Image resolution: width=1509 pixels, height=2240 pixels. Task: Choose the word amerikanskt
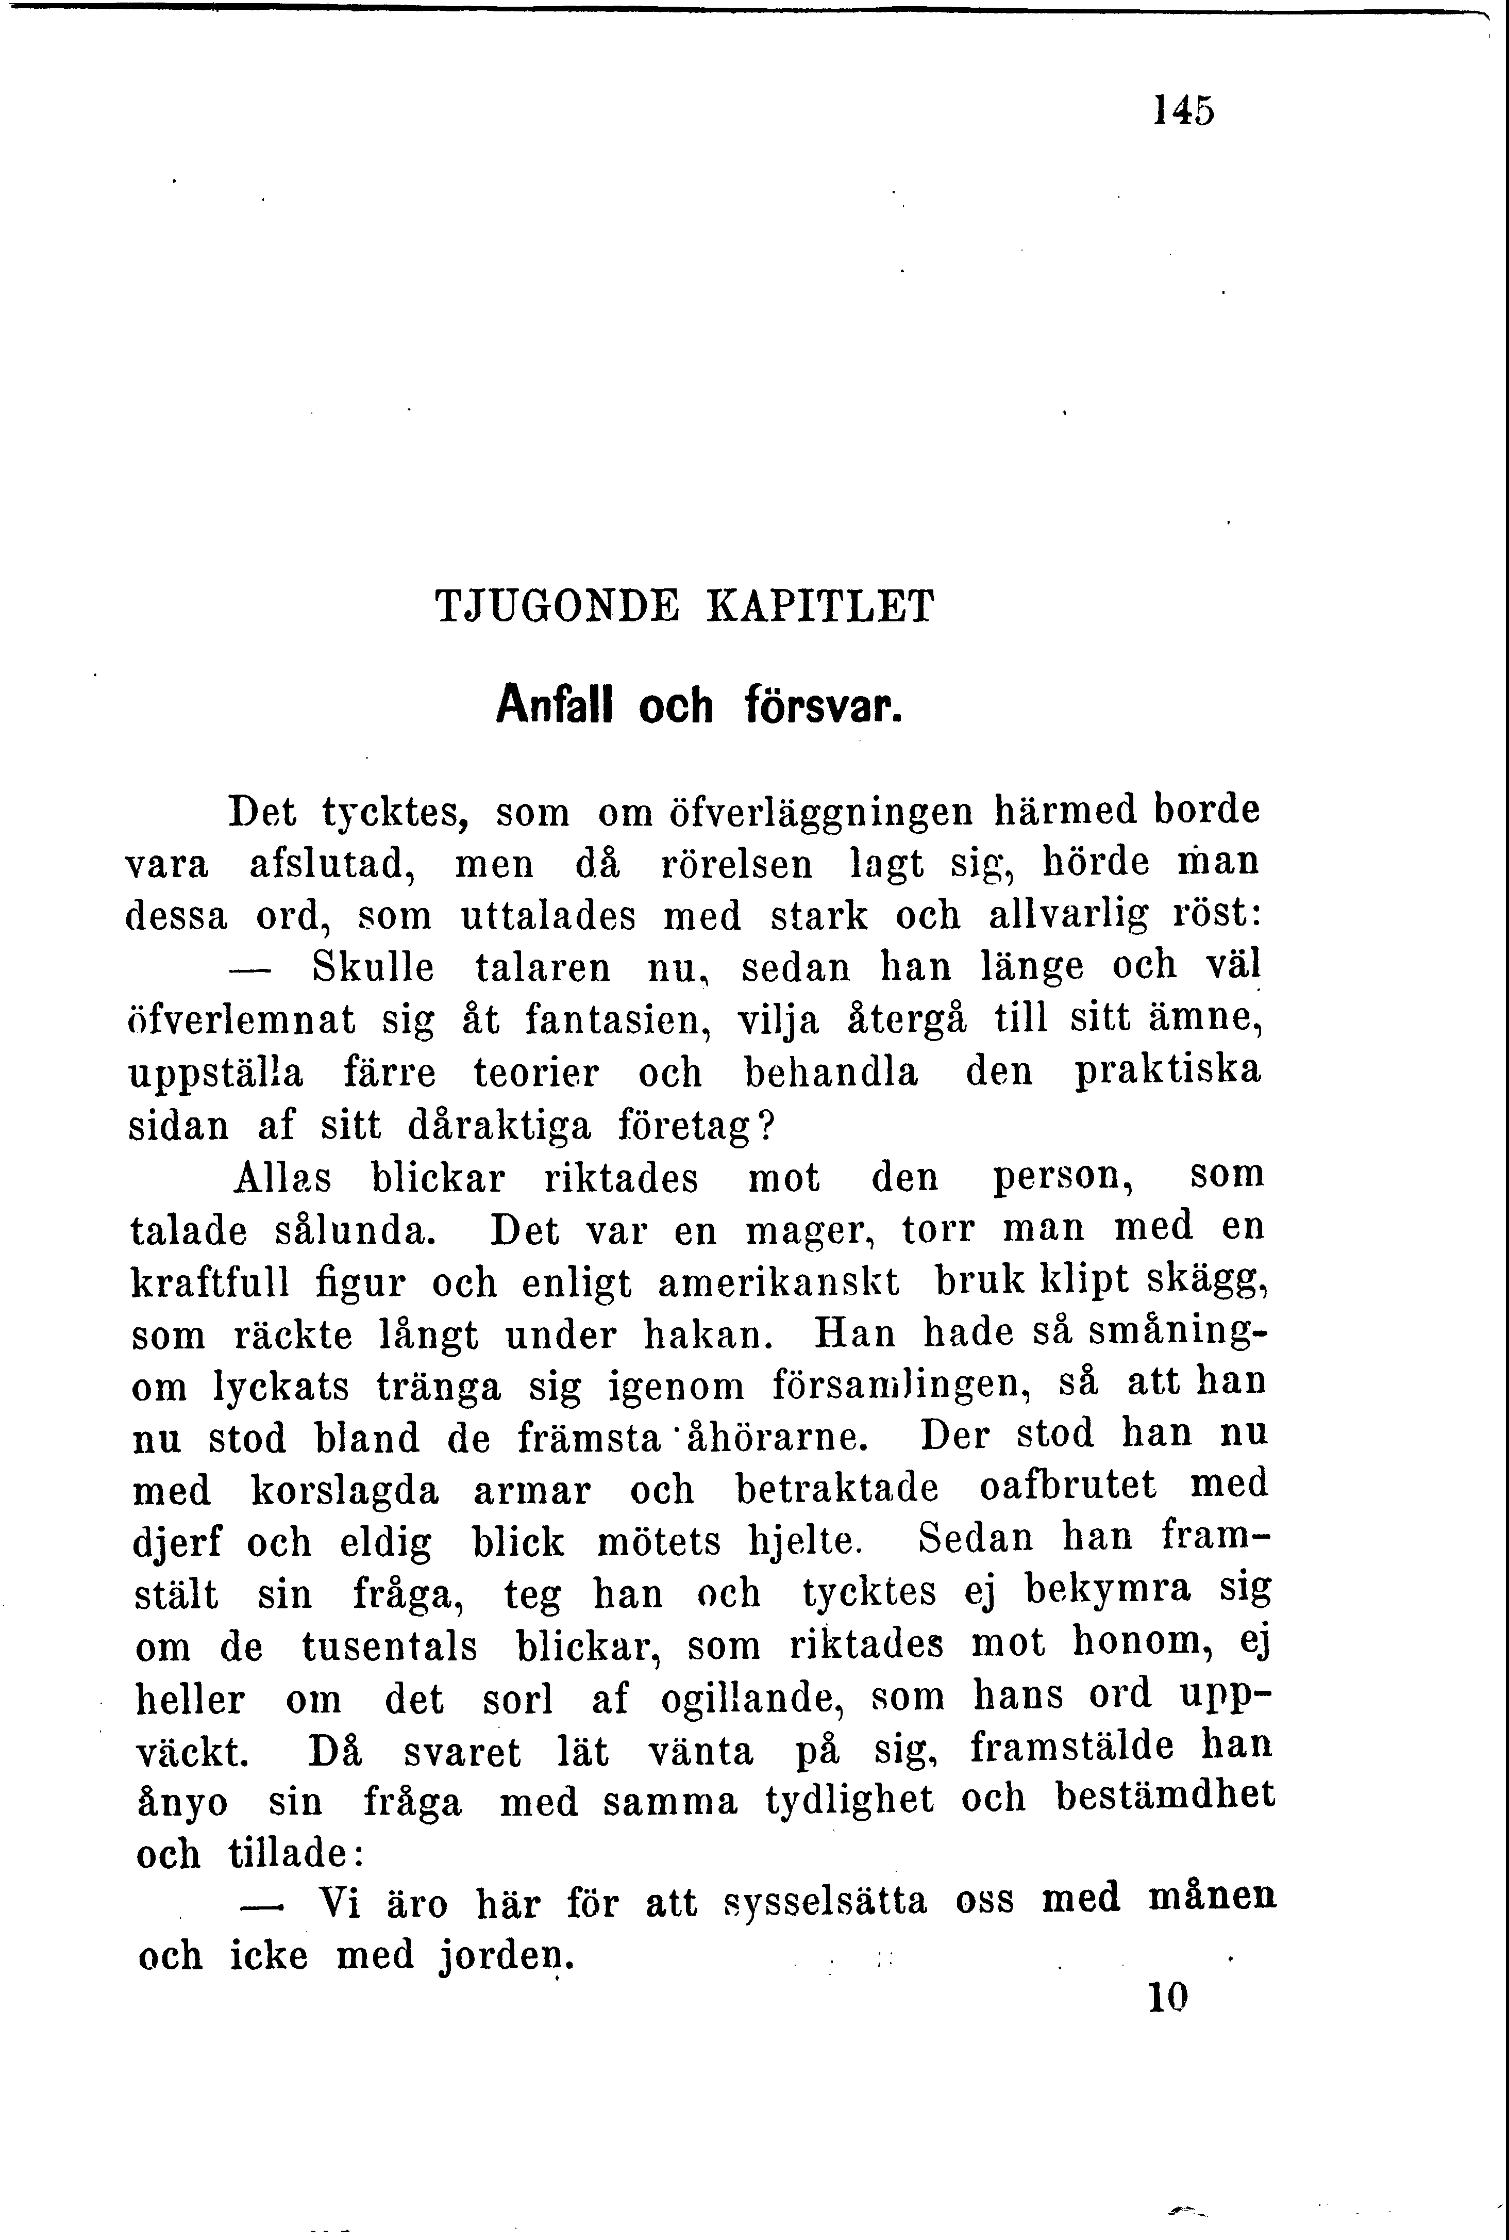pos(779,1282)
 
